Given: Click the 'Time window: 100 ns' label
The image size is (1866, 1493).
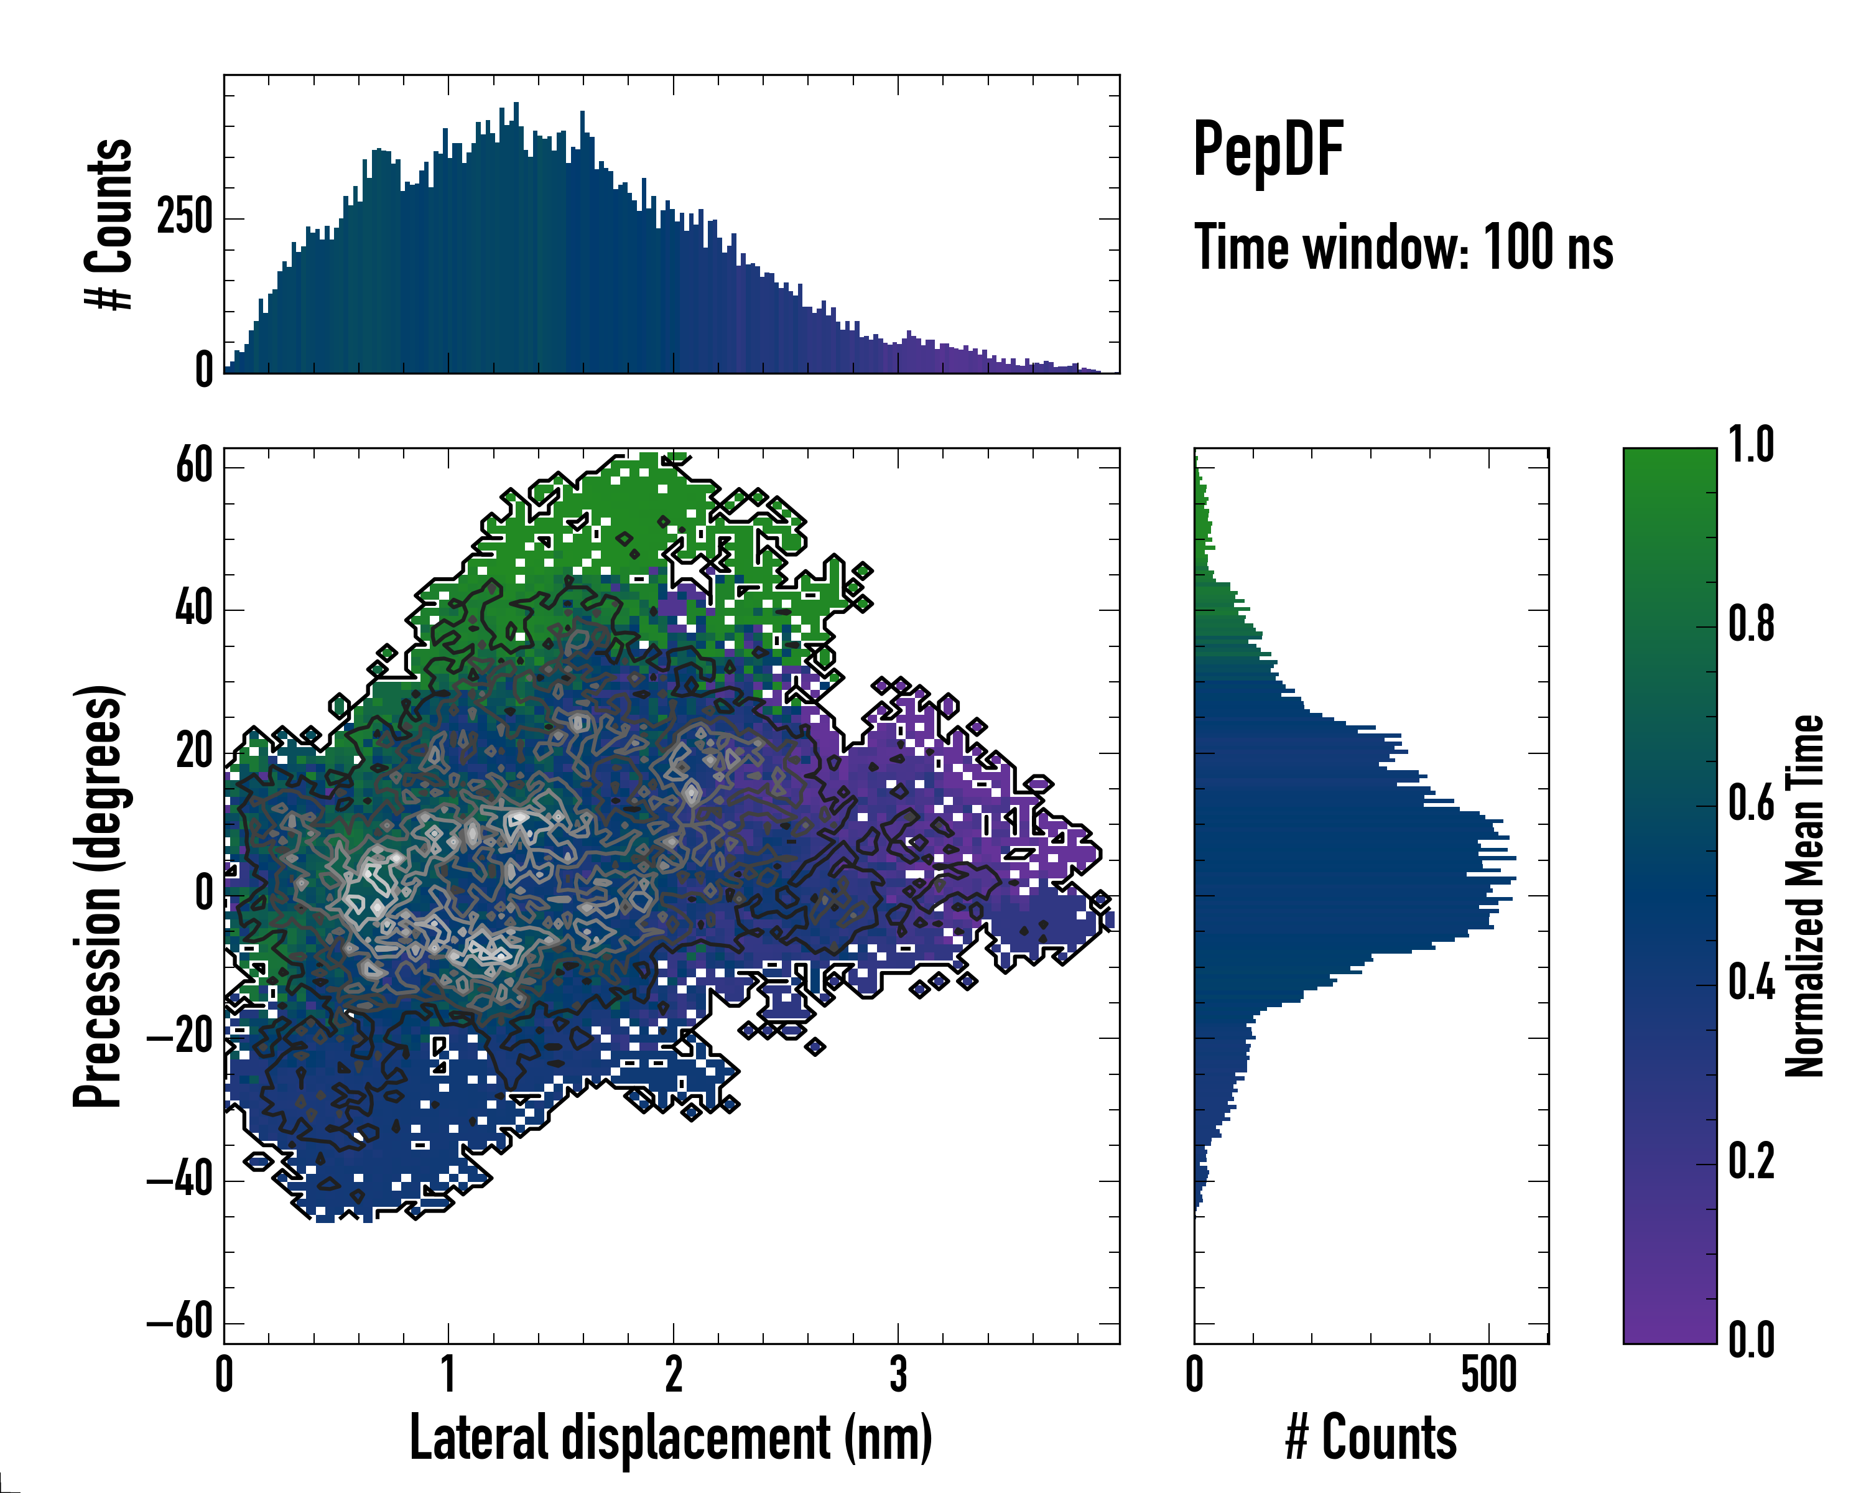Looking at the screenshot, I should [1403, 248].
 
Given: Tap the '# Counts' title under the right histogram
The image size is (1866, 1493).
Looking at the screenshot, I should [1371, 1438].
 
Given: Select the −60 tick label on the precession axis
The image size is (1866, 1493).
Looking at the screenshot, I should [180, 1322].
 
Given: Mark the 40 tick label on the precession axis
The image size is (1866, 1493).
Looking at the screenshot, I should [194, 608].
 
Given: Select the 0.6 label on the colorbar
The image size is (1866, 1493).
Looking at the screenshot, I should [1751, 803].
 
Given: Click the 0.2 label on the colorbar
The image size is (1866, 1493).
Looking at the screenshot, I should [1751, 1161].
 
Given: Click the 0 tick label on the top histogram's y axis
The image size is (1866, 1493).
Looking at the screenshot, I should [204, 370].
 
